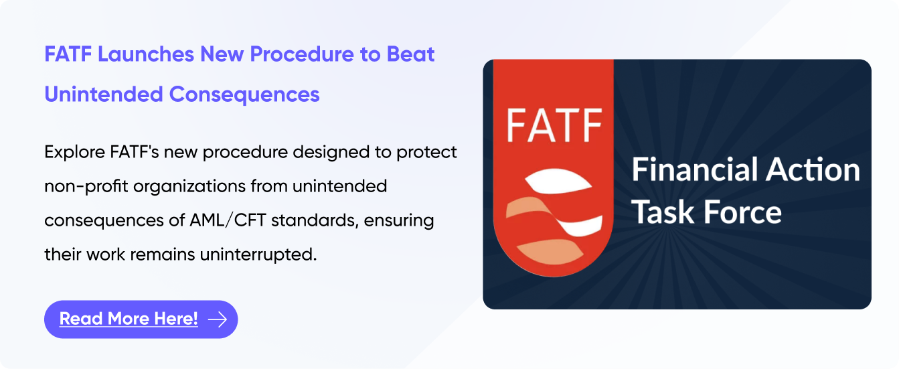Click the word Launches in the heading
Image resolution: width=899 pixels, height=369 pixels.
pyautogui.click(x=146, y=54)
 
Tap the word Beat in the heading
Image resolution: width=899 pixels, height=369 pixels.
pyautogui.click(x=410, y=54)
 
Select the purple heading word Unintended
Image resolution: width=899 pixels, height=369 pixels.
pyautogui.click(x=104, y=94)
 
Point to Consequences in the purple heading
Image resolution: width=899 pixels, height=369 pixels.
pyautogui.click(x=244, y=95)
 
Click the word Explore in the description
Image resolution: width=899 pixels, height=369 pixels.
pyautogui.click(x=75, y=153)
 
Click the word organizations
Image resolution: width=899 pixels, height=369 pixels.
pyautogui.click(x=189, y=187)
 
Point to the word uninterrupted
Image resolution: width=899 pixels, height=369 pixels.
pyautogui.click(x=258, y=254)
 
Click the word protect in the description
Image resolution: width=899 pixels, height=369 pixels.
pyautogui.click(x=426, y=153)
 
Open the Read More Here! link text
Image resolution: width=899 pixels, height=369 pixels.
pyautogui.click(x=129, y=319)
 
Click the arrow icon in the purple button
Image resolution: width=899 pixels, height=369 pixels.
pyautogui.click(x=218, y=319)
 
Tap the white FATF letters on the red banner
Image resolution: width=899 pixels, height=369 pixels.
pyautogui.click(x=554, y=125)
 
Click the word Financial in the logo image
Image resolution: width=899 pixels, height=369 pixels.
pyautogui.click(x=695, y=169)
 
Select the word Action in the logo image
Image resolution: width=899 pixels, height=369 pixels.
pyautogui.click(x=813, y=169)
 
